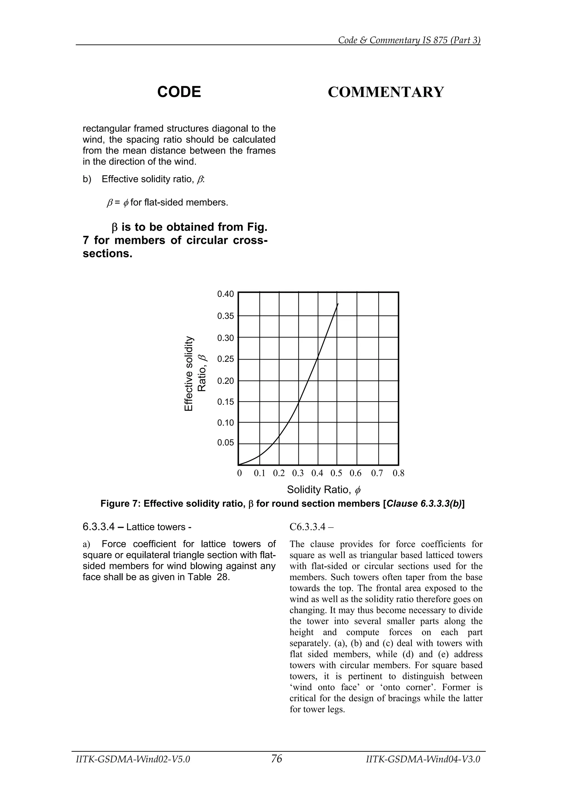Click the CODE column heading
(x=179, y=92)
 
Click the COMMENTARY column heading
(x=386, y=92)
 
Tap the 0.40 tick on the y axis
(x=225, y=294)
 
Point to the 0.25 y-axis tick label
(x=225, y=359)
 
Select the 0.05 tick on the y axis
(x=225, y=443)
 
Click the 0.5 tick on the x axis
(x=336, y=473)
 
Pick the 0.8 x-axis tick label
(x=399, y=473)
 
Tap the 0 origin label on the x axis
(x=240, y=473)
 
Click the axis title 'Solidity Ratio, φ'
(x=324, y=489)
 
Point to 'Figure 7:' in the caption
(x=121, y=504)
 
